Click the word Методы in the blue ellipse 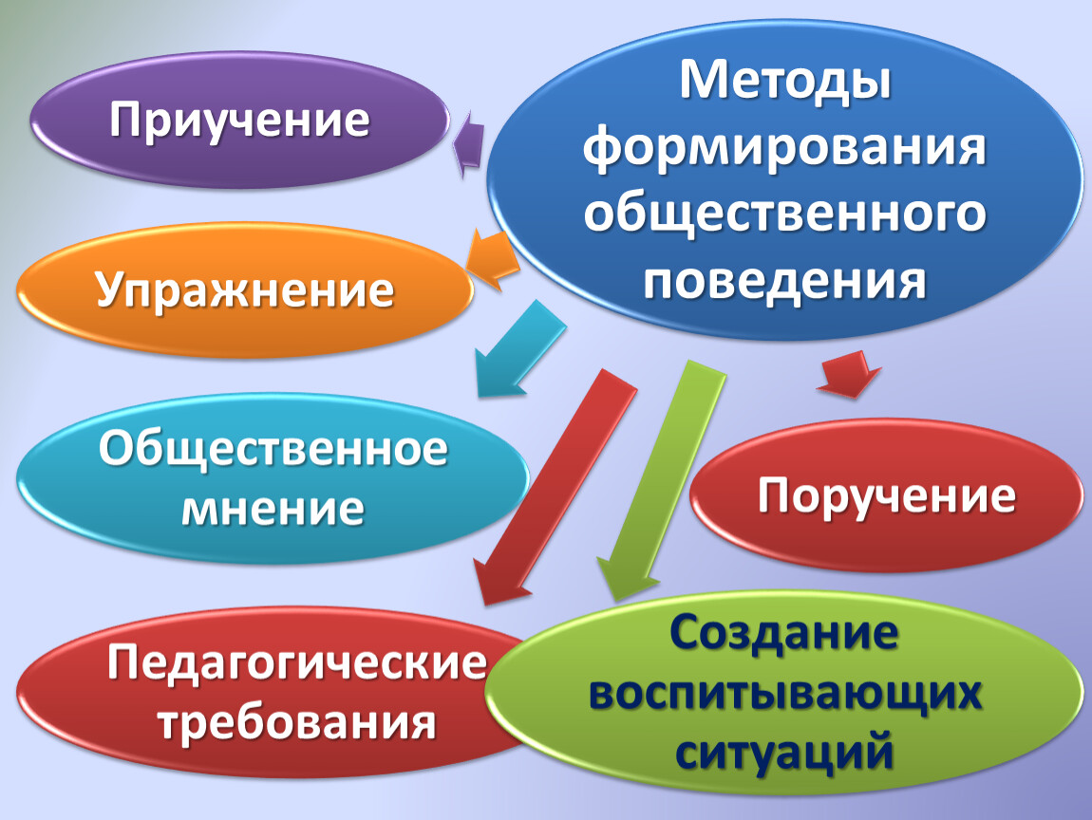click(x=785, y=83)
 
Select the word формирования click(x=785, y=148)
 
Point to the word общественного click(x=785, y=213)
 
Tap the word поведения click(x=784, y=280)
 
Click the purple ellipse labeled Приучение click(x=239, y=120)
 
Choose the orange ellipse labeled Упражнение click(x=244, y=289)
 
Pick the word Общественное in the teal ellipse click(x=273, y=449)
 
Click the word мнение click(x=273, y=509)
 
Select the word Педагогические click(x=297, y=662)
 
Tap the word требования click(x=297, y=722)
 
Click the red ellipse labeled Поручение click(x=887, y=494)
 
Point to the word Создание click(x=784, y=632)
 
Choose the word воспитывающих click(x=785, y=694)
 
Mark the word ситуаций click(x=784, y=753)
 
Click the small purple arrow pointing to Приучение click(x=468, y=144)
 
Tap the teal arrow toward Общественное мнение click(x=518, y=349)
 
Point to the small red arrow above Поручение click(x=849, y=375)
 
